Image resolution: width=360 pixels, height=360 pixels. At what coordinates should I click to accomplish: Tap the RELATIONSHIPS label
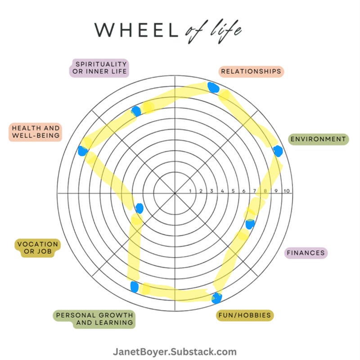pos(251,72)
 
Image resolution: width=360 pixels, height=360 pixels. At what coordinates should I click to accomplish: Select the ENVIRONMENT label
pos(318,139)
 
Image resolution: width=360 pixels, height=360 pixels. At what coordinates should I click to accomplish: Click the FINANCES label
pos(306,252)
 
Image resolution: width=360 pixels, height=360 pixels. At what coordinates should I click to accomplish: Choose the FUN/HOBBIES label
pos(245,315)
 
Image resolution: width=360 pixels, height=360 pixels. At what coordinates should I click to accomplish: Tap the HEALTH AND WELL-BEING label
pos(35,132)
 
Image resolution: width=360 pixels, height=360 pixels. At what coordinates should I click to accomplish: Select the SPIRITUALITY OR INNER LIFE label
pos(99,67)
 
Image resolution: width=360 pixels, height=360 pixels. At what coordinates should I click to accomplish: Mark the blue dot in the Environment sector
pos(278,151)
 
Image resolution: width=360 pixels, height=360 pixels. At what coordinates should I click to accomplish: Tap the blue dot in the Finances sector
pos(250,223)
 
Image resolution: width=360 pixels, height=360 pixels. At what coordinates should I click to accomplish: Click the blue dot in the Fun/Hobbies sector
pos(217,297)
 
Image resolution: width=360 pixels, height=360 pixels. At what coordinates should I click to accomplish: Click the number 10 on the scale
pos(287,191)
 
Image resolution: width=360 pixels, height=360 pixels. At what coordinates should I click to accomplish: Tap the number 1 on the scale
pos(190,191)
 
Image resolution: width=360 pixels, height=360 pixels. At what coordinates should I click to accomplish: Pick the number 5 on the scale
pos(233,191)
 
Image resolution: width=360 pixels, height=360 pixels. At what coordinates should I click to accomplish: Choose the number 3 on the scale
pos(211,191)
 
